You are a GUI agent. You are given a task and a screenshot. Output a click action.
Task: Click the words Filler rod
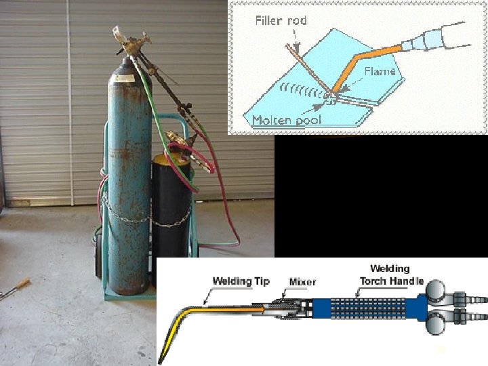(x=281, y=20)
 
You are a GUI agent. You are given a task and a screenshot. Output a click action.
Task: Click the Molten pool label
(x=281, y=121)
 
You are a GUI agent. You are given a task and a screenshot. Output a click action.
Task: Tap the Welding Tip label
(x=241, y=281)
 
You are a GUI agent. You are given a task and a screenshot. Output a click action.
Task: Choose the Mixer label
(x=302, y=281)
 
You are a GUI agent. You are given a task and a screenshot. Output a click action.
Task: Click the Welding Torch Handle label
(x=391, y=275)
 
